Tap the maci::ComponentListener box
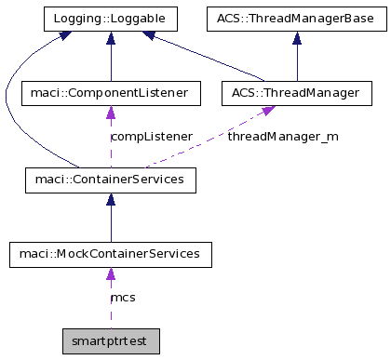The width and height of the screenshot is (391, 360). point(111,93)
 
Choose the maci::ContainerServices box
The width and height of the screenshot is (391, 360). point(111,179)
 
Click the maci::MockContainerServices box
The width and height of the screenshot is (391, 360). point(111,253)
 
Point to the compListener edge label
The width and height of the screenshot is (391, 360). point(151,137)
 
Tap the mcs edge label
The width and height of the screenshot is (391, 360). point(123,298)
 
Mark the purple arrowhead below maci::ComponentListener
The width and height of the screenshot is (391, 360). point(111,112)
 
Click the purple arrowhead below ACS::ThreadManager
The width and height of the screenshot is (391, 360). point(268,111)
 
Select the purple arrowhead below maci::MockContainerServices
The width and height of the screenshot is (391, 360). point(111,273)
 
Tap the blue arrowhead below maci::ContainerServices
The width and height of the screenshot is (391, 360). point(111,198)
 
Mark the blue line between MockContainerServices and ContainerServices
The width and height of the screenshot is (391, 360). point(111,223)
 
